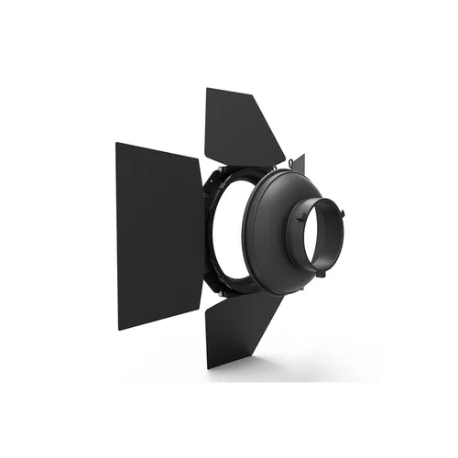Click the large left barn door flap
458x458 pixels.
click(157, 234)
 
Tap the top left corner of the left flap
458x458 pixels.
click(117, 143)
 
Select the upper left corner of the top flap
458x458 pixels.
click(207, 90)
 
